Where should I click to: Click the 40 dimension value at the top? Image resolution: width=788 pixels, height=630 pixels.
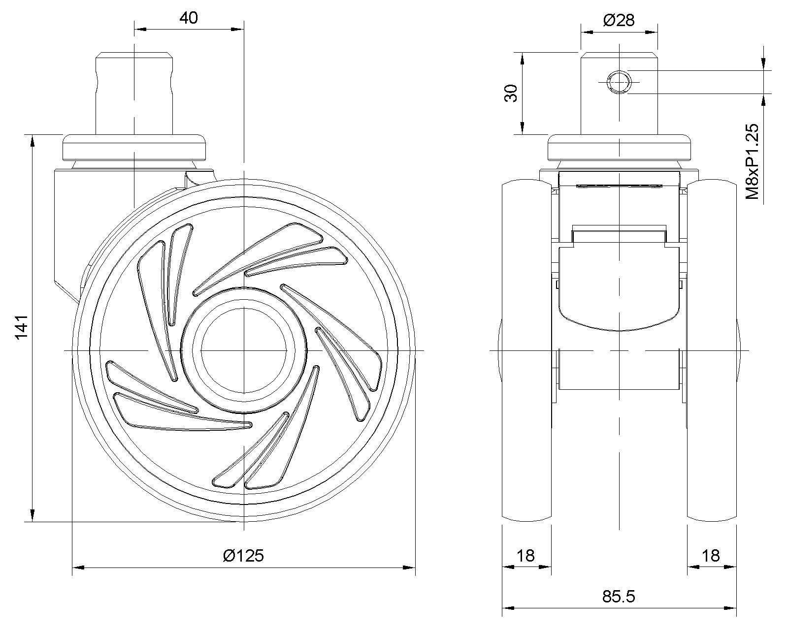coord(189,18)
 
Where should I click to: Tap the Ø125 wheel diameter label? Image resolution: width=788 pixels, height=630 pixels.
coord(243,556)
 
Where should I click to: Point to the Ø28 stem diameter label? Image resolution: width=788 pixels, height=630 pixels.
coord(619,20)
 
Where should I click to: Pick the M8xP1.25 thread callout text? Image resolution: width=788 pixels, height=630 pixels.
coord(753,162)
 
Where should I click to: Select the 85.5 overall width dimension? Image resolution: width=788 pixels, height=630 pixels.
coord(619,597)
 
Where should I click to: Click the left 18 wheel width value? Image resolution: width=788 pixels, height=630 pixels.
coord(526,556)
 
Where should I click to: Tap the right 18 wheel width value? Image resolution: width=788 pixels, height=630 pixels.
coord(711,556)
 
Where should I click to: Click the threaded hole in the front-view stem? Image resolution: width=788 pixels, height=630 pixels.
coord(619,82)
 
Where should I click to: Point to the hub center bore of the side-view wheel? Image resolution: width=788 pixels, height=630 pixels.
coord(244,350)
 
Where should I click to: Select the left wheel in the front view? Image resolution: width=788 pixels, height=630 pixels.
coord(526,349)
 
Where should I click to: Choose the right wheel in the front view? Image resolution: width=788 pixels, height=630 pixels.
coord(712,349)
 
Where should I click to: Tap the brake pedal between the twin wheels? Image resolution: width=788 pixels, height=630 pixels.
coord(619,290)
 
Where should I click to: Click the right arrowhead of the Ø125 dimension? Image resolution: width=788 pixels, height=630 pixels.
coord(410,567)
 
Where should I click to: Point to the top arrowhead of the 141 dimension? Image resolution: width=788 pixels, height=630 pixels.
coord(33,140)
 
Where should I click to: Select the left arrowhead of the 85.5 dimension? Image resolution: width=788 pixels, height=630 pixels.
coord(508,608)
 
